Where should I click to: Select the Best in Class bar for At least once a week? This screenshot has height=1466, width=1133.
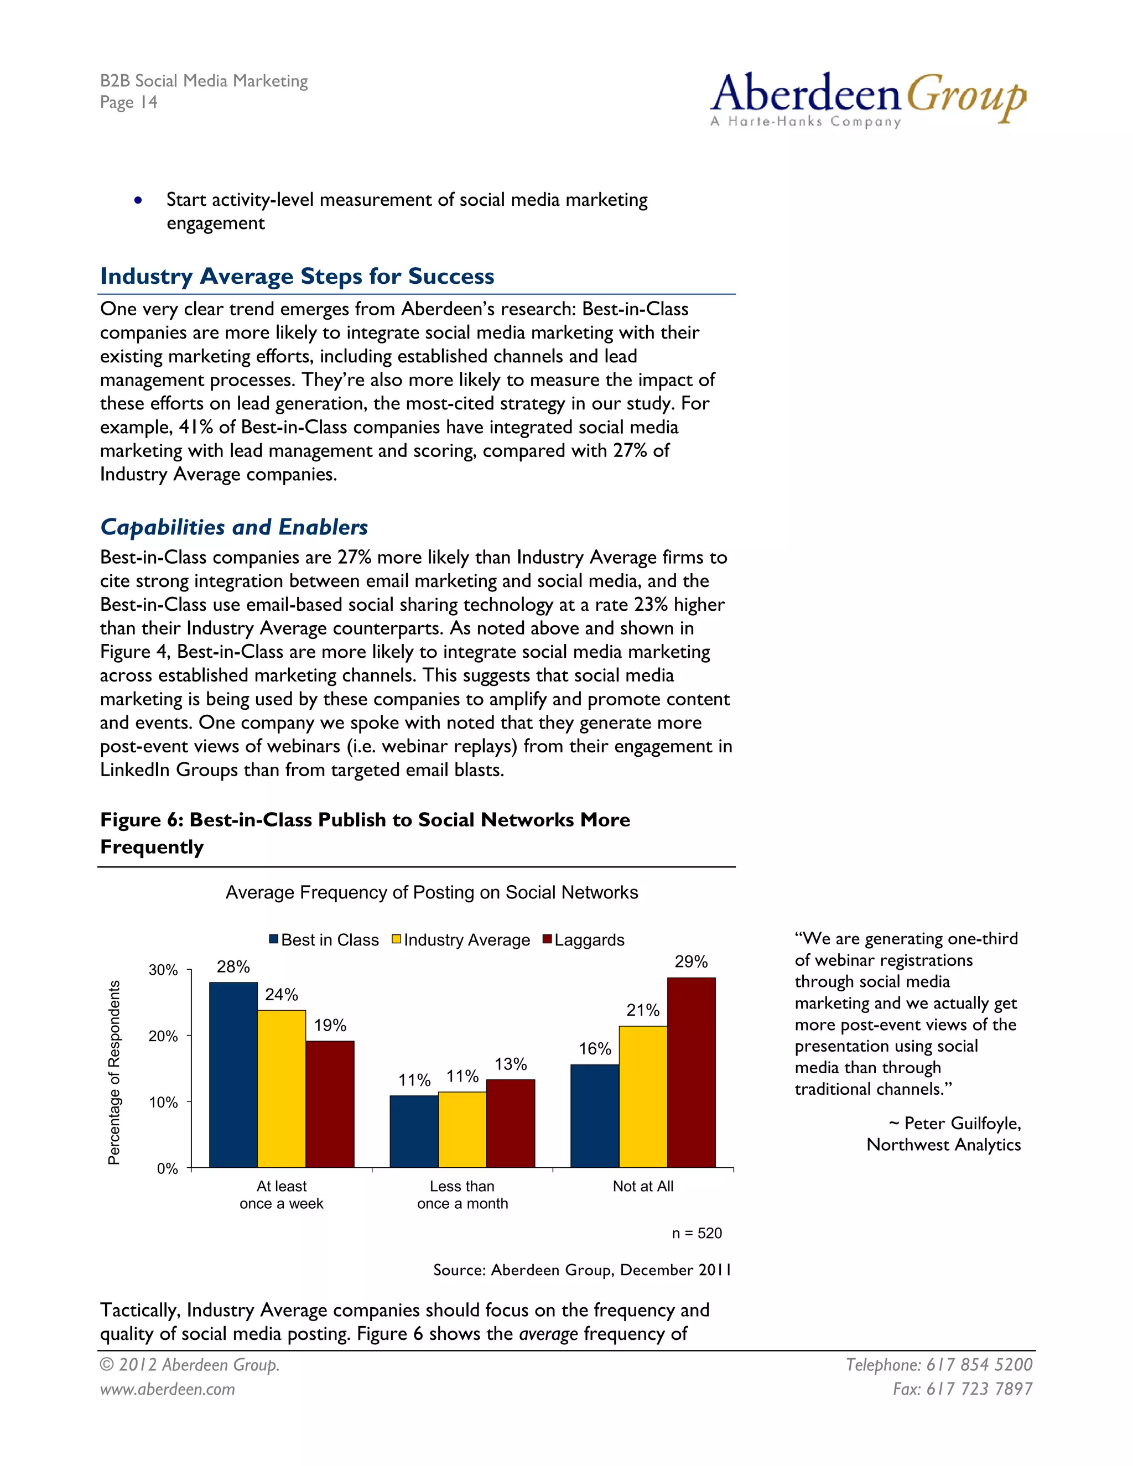[233, 1074]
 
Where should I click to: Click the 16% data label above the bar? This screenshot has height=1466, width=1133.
[595, 1048]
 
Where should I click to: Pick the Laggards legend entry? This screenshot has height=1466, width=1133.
[583, 940]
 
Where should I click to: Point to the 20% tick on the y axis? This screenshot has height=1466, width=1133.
[163, 1036]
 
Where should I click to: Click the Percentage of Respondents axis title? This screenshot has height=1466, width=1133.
[114, 1072]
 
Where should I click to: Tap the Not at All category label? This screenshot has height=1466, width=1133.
[642, 1186]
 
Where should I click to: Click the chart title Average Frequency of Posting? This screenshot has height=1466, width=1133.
[431, 892]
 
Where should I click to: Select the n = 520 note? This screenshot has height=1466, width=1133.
[697, 1233]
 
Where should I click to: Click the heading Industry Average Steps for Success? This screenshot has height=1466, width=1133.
[297, 276]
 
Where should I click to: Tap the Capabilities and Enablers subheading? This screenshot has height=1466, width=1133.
[233, 527]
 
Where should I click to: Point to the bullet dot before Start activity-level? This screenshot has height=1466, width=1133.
[138, 200]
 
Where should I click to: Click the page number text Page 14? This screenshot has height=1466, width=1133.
[128, 102]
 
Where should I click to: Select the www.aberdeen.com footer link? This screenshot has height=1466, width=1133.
[167, 1389]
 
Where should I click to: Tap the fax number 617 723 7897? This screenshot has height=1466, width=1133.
[979, 1389]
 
